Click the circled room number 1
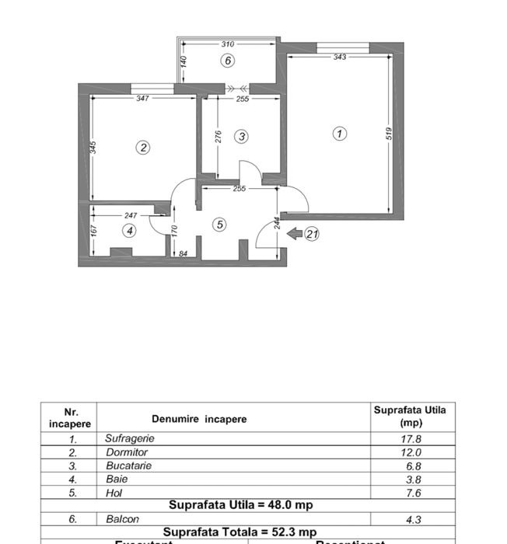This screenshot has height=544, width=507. [339, 134]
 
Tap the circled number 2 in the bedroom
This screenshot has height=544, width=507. [143, 147]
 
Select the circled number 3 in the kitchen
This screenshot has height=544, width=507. [242, 137]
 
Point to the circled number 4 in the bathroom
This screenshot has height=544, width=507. [130, 230]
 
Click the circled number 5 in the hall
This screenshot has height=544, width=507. [219, 225]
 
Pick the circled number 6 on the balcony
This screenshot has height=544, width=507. [228, 61]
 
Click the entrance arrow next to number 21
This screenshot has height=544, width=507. [295, 232]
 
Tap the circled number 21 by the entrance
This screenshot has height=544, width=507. [312, 233]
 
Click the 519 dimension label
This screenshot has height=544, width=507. [389, 134]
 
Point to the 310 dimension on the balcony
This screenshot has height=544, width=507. [227, 44]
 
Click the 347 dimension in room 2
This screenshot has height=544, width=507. [142, 99]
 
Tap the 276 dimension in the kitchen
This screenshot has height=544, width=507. [219, 137]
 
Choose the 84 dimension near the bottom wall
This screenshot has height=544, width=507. [183, 253]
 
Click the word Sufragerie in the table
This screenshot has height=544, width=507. [130, 438]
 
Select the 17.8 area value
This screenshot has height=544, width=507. [410, 438]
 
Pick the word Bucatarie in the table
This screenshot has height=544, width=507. [128, 466]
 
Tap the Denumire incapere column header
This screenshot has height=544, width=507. [199, 419]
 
